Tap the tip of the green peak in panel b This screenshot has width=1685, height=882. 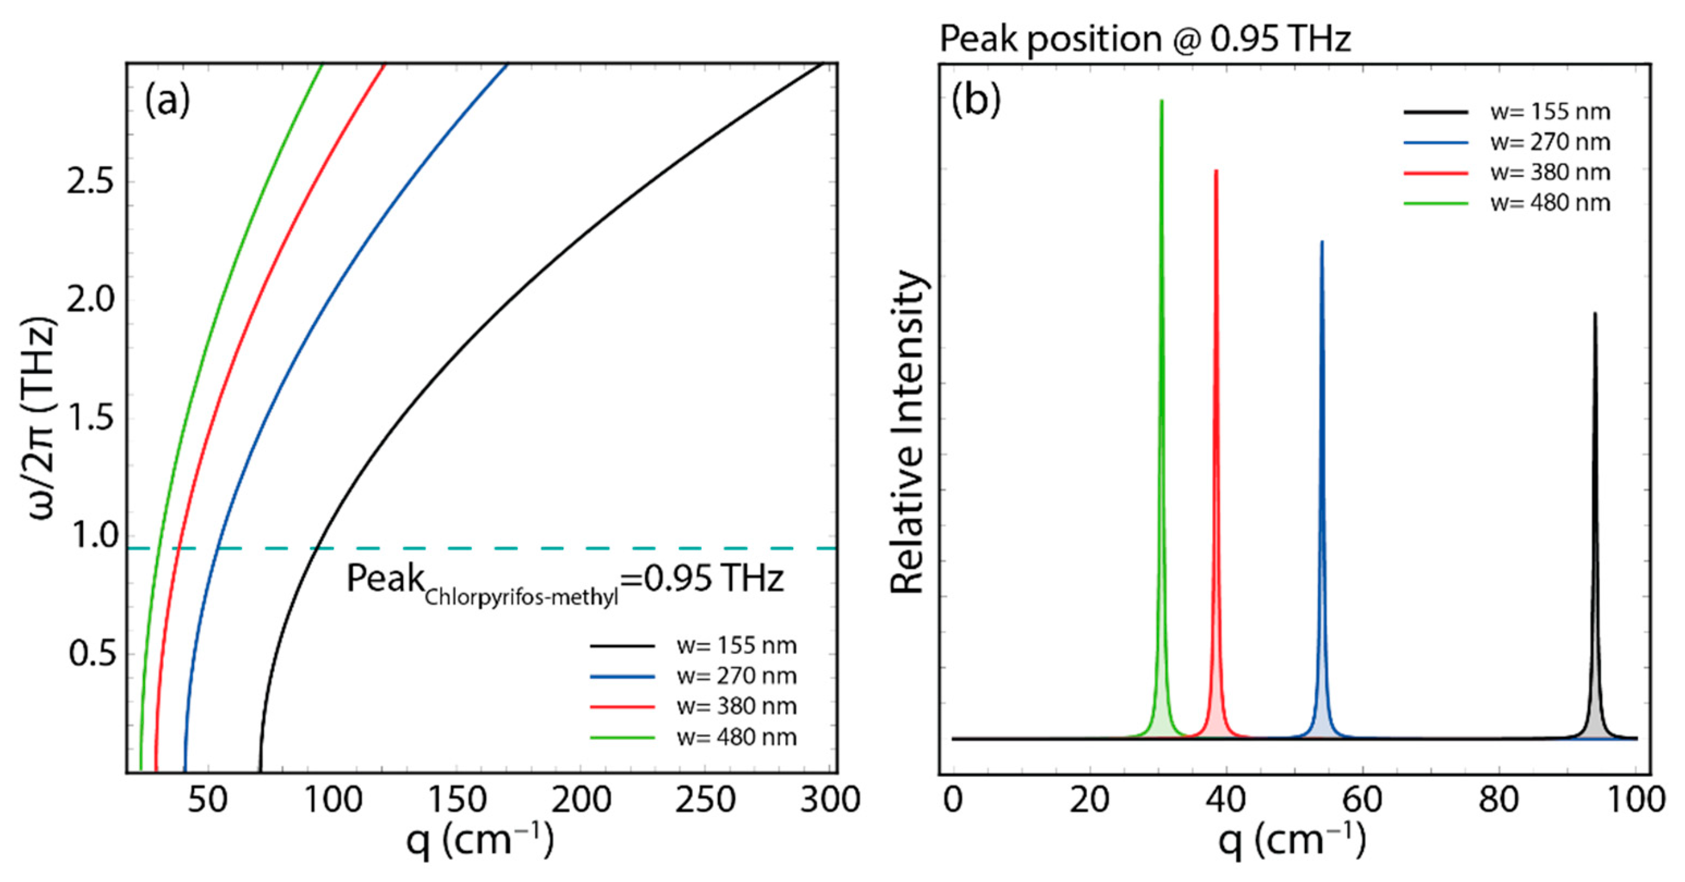tap(1162, 101)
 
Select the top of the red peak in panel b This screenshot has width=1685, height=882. tap(1216, 171)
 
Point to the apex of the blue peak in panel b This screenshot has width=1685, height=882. tap(1322, 242)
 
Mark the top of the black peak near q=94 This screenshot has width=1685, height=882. tap(1595, 313)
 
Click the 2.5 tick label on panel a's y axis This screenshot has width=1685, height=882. tap(90, 181)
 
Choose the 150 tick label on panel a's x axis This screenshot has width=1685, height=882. tap(457, 800)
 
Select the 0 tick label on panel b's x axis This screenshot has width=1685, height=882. tap(953, 800)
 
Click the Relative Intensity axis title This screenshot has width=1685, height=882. tap(908, 432)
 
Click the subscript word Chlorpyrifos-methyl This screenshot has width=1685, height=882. tap(522, 597)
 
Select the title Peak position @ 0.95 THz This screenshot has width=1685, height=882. tap(1145, 39)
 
